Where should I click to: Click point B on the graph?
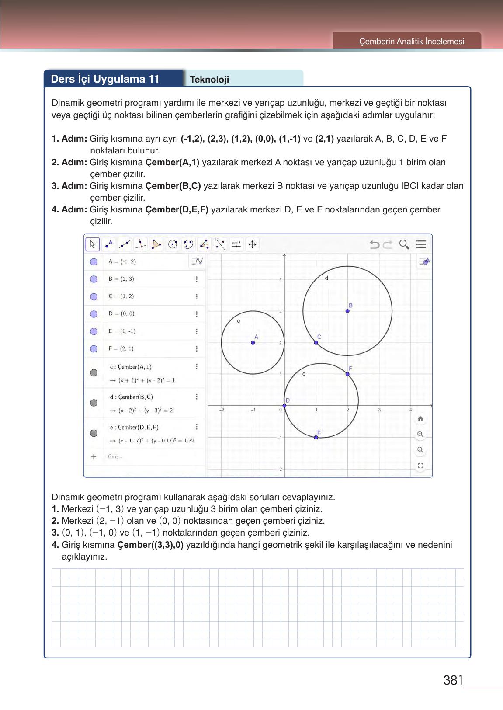[347, 311]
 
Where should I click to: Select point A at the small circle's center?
[253, 342]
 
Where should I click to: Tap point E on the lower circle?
[316, 437]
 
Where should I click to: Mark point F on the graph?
[347, 374]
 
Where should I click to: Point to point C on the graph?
[316, 342]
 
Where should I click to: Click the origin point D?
[284, 406]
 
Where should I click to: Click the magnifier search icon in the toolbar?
[404, 244]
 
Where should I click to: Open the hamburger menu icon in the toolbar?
[421, 244]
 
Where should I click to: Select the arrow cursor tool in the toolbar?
[93, 244]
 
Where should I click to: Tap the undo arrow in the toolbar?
[375, 244]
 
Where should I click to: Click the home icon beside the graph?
[420, 419]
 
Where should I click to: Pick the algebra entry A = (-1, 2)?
[122, 261]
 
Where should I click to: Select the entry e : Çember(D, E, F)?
[134, 427]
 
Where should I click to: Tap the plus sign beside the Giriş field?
[93, 457]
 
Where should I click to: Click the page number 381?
[453, 681]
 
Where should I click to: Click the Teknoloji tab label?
[209, 80]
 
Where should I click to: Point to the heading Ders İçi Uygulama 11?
[105, 79]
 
